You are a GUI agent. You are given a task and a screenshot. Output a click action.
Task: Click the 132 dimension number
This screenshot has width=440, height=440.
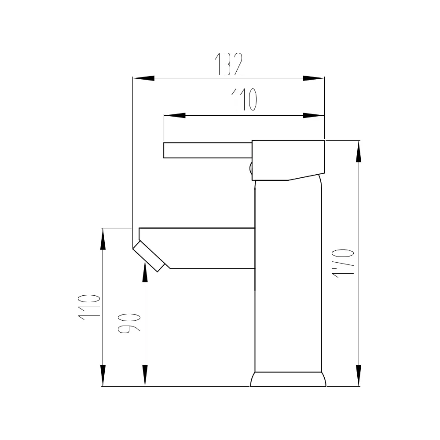coord(228,64)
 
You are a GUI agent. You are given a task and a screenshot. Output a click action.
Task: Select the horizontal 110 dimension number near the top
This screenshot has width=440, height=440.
coord(244,99)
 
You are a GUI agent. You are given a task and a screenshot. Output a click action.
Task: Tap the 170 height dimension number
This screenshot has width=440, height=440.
coord(343,264)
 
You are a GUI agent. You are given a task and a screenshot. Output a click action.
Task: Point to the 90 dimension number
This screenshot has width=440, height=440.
coord(129,323)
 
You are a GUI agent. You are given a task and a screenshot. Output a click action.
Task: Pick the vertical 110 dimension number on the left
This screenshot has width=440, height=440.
coord(89,307)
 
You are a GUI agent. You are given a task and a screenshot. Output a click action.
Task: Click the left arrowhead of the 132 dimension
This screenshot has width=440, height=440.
coord(143,78)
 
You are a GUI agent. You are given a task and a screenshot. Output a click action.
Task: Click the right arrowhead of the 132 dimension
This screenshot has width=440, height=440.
coord(313,78)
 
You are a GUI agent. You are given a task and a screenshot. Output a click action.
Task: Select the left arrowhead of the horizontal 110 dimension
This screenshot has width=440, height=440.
coord(175,115)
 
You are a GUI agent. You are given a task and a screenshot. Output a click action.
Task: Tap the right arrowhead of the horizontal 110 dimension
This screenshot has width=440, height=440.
coord(313,115)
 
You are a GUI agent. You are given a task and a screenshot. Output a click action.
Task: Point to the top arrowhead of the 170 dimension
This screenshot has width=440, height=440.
coord(358,151)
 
